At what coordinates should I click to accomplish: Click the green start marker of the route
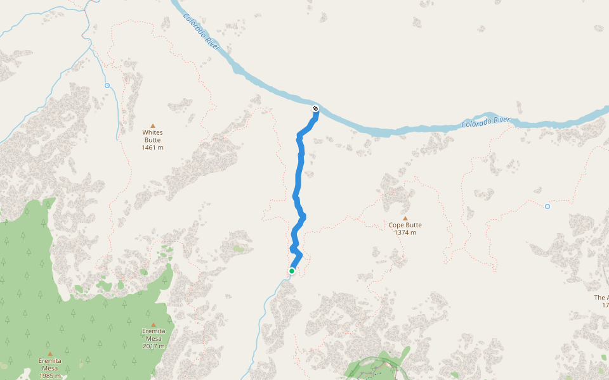click(x=292, y=271)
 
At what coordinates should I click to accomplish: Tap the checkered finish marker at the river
click(x=315, y=109)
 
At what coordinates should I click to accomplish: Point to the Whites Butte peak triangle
click(x=152, y=125)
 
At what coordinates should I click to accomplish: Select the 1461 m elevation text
click(x=152, y=148)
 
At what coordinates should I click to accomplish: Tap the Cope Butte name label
click(x=405, y=225)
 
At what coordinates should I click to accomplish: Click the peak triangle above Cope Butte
click(x=405, y=218)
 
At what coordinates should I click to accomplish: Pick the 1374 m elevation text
click(x=405, y=232)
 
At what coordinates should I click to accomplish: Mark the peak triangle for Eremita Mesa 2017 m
click(x=153, y=325)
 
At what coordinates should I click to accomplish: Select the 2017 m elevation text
click(x=153, y=346)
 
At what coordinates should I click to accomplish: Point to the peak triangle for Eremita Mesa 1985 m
click(x=49, y=354)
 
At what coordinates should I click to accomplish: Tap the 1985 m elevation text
click(x=49, y=376)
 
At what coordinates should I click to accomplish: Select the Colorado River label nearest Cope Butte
click(x=486, y=120)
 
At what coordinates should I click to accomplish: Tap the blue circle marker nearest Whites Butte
click(x=107, y=85)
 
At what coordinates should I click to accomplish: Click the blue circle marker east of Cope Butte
click(x=547, y=206)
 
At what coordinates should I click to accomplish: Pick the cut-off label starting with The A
click(x=601, y=298)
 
